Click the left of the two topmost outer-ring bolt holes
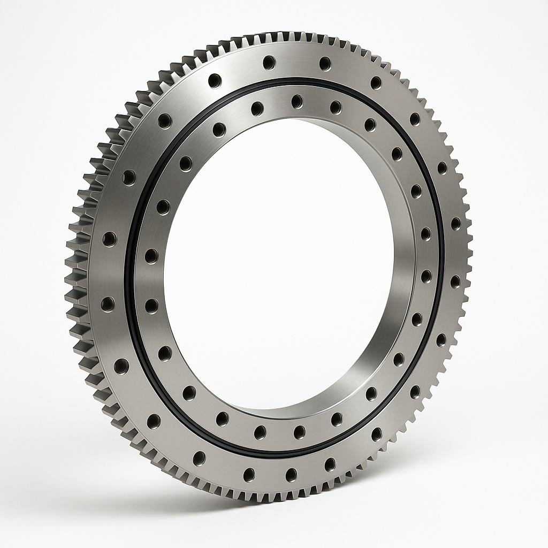[269, 63]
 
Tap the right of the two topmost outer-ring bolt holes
[325, 64]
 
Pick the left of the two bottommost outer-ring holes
[249, 474]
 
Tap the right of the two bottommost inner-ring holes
[299, 432]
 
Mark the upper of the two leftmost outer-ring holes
[109, 239]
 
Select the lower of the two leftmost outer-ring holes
[108, 304]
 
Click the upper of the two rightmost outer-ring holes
[455, 223]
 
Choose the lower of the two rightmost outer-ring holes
[455, 281]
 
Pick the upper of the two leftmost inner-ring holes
[151, 256]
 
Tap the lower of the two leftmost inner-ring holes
[151, 306]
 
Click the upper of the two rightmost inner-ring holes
[425, 233]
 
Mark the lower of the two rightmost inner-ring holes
[426, 276]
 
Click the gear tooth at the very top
[289, 39]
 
